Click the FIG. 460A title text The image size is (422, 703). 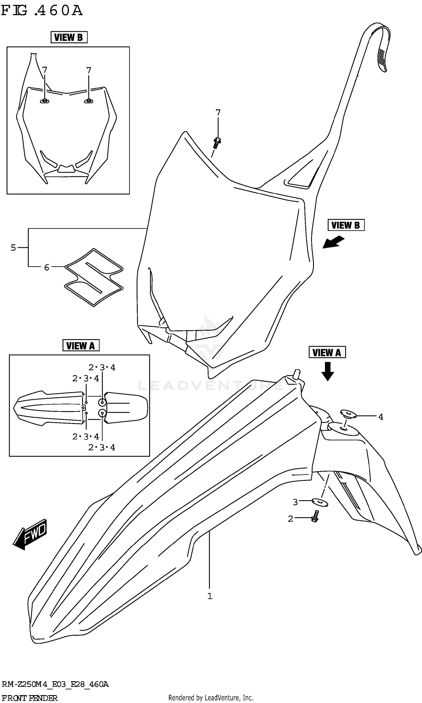[42, 10]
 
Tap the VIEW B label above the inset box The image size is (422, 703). [69, 37]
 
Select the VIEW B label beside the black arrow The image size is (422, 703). [346, 225]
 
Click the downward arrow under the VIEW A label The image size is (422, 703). [327, 371]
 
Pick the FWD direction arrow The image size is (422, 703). [30, 535]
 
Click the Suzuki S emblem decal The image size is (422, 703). [94, 277]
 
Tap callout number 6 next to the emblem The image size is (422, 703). [47, 268]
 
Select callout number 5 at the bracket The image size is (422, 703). [14, 248]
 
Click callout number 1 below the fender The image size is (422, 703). [210, 596]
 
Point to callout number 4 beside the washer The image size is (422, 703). [380, 417]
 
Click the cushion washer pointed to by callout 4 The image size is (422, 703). [348, 413]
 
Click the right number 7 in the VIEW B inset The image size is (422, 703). [89, 70]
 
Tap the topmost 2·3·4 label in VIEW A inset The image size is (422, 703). [102, 368]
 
